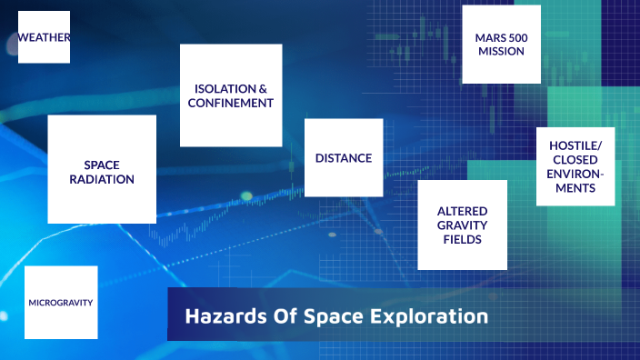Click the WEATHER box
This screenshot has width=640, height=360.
click(44, 37)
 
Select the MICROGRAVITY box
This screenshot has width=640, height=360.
click(61, 302)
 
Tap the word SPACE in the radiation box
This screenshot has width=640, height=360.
click(102, 165)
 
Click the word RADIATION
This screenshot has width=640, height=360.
click(102, 179)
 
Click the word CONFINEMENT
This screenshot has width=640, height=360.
click(231, 104)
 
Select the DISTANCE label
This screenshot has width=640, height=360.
click(344, 158)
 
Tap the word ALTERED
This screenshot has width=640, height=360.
click(462, 210)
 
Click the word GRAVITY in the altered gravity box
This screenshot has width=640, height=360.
click(462, 225)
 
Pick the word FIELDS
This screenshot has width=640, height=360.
click(462, 239)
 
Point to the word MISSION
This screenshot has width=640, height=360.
click(501, 52)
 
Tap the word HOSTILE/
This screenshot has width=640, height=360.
click(575, 145)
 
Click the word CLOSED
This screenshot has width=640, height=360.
click(575, 160)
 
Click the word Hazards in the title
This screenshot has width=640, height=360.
click(221, 317)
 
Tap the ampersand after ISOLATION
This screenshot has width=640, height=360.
click(262, 89)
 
